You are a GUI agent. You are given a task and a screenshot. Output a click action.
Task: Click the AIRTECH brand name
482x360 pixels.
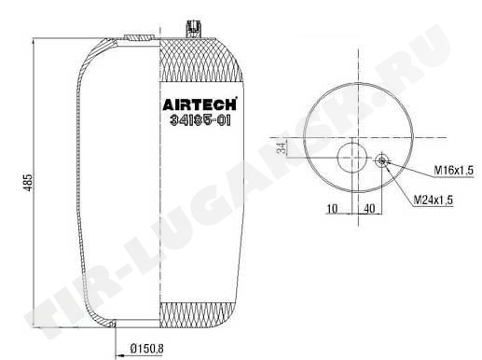pos(200,104)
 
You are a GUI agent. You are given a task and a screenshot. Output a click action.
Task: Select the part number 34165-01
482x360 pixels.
pos(200,120)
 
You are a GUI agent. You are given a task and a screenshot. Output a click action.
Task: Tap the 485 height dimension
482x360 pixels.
pos(28,182)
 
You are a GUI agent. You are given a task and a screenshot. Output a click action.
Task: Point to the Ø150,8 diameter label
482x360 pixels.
pos(147,349)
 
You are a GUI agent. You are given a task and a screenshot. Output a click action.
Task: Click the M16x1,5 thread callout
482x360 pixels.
pos(453,170)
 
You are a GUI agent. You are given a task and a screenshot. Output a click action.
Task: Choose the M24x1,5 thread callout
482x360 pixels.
pos(434,200)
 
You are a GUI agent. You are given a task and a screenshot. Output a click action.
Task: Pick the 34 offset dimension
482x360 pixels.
pos(282,148)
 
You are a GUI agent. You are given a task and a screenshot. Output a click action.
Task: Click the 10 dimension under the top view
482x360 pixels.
pos(332,209)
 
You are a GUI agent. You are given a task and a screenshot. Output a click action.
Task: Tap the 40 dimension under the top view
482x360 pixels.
pos(369,209)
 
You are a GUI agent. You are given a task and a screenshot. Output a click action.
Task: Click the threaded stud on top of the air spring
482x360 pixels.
pos(193,29)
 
